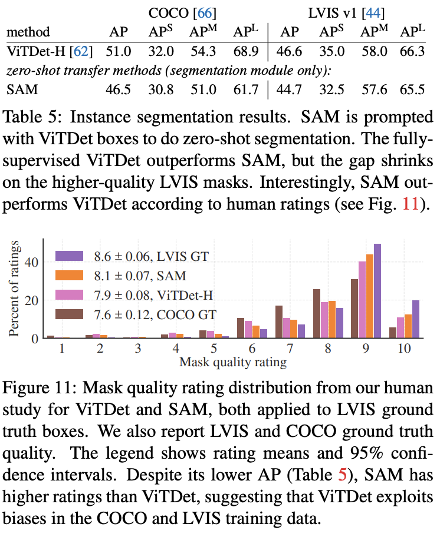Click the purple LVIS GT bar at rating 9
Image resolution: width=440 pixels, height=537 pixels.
coord(377,291)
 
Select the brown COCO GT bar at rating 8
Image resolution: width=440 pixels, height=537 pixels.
coord(317,314)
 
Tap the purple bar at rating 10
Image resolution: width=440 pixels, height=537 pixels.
coord(416,319)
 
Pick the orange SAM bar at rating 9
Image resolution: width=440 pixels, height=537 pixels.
coord(370,296)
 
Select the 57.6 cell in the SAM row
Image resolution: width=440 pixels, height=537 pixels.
coord(376,90)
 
